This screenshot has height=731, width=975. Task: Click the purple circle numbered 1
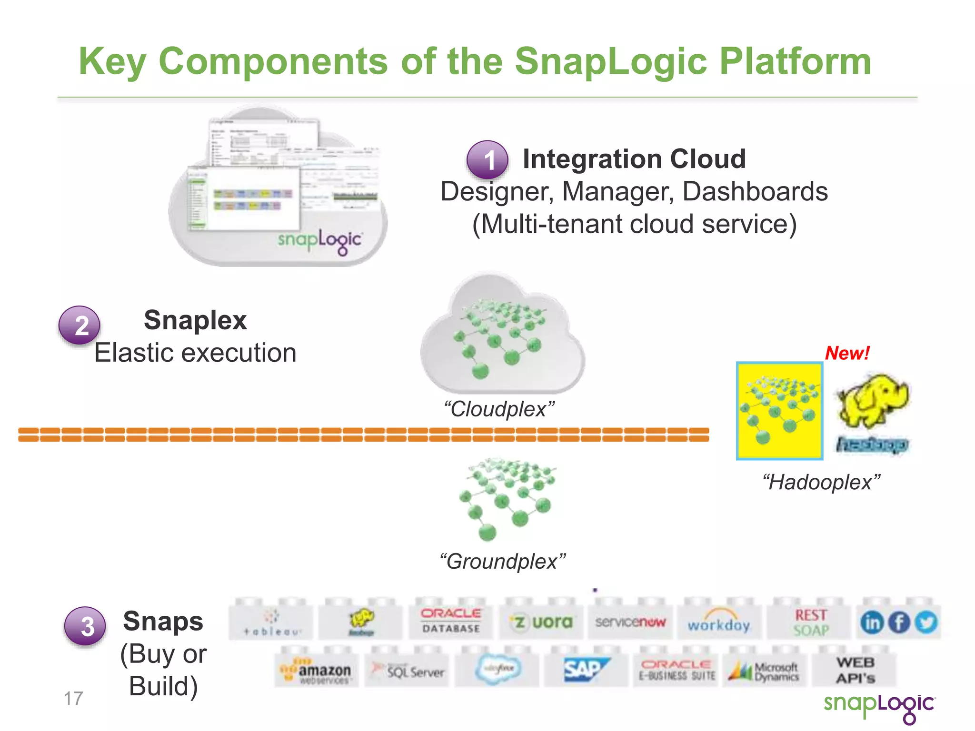tap(487, 160)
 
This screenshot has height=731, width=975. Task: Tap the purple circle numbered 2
tap(79, 326)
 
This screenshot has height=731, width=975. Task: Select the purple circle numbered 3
tap(85, 626)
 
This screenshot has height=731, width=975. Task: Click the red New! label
tap(847, 353)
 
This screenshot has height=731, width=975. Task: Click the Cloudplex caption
tap(499, 409)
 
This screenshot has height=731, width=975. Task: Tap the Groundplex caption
tap(503, 562)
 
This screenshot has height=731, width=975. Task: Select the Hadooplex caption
tap(821, 482)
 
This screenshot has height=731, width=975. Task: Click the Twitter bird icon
tap(926, 622)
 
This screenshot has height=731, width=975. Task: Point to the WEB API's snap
tap(855, 670)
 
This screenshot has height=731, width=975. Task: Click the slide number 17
tap(73, 699)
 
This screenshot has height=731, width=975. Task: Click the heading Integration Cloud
tap(634, 159)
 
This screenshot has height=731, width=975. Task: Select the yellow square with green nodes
tap(779, 411)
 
